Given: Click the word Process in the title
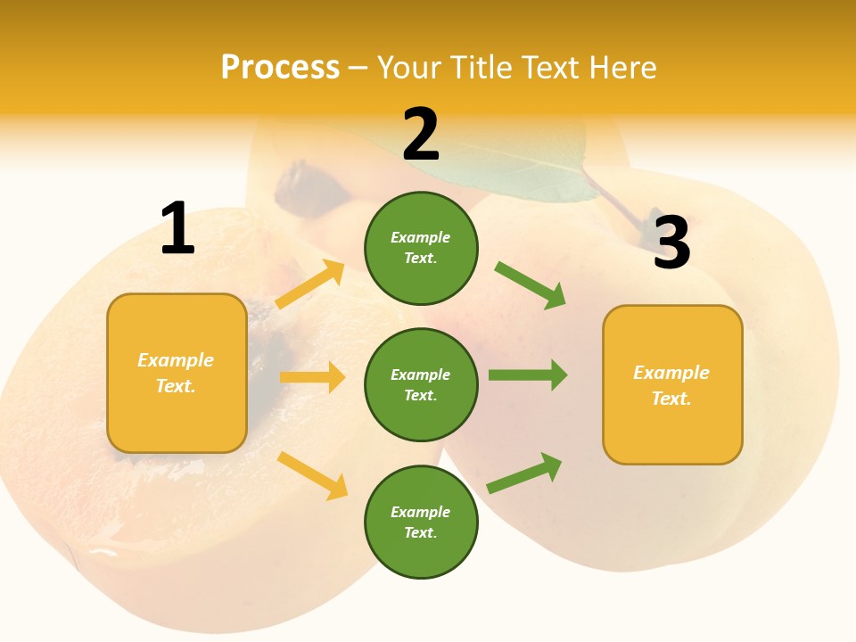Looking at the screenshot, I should [x=280, y=68].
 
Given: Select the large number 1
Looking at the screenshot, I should [x=177, y=229].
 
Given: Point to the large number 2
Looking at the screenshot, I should [x=421, y=135].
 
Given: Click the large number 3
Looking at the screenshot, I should [x=671, y=243].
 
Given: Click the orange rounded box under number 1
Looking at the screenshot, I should [x=177, y=373].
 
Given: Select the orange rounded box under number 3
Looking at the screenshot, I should [x=672, y=385].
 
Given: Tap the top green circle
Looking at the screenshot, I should [x=421, y=248].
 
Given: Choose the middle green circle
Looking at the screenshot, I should [x=421, y=384].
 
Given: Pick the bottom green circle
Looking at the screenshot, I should [x=421, y=522].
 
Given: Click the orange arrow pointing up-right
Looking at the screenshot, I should [x=310, y=284].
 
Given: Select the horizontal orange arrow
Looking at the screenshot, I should [x=312, y=377].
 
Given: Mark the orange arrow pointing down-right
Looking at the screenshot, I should [x=313, y=475].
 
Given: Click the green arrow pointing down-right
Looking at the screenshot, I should [x=531, y=284].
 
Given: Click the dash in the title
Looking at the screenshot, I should [x=358, y=68].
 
